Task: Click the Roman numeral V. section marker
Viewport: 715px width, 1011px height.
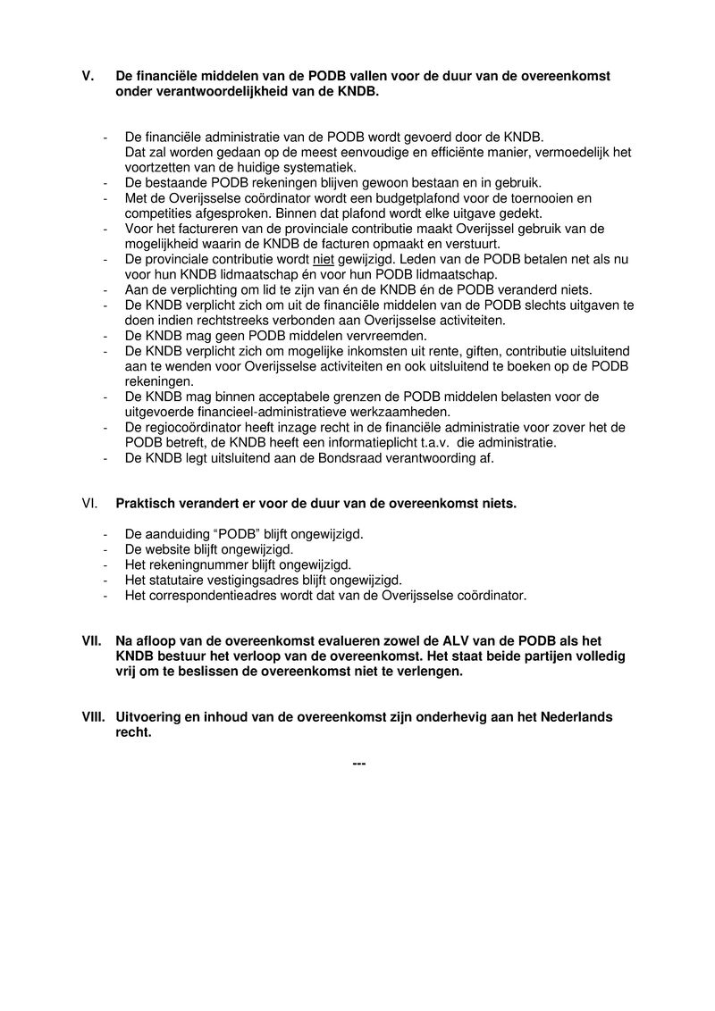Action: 88,77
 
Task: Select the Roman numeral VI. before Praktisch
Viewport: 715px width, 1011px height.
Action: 88,504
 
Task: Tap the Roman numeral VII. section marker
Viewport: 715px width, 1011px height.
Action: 91,641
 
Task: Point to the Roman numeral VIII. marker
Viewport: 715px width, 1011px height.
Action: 93,718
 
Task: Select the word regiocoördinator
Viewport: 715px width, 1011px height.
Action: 197,428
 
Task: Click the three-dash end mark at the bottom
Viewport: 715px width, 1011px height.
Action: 360,764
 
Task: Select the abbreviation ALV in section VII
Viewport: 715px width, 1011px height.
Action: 459,641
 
